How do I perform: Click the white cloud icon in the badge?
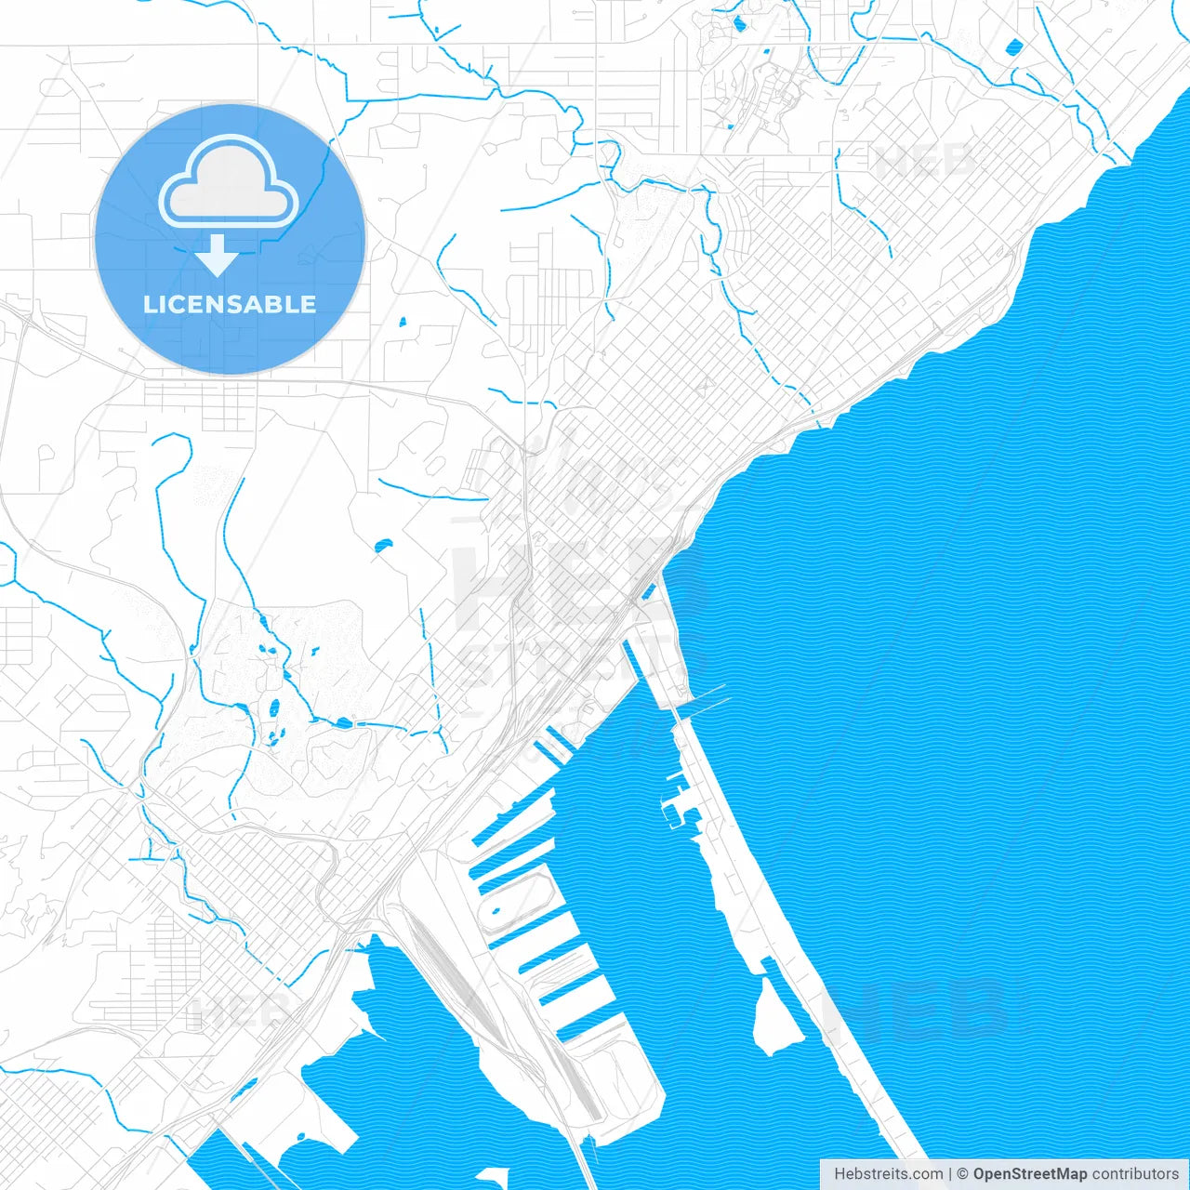tap(229, 182)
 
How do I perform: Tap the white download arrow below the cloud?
tap(218, 257)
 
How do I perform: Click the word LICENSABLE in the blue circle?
tap(230, 304)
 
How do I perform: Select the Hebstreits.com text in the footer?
tap(888, 1174)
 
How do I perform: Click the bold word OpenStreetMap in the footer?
tap(1029, 1174)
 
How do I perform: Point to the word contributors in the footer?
tap(1135, 1174)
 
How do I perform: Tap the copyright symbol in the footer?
tap(963, 1174)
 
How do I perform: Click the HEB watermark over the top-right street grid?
tap(924, 160)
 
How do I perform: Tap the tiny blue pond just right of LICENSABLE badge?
tap(403, 323)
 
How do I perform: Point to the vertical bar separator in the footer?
tap(949, 1174)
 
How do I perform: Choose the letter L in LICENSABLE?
tap(150, 304)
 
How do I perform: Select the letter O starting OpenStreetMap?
tap(980, 1174)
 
